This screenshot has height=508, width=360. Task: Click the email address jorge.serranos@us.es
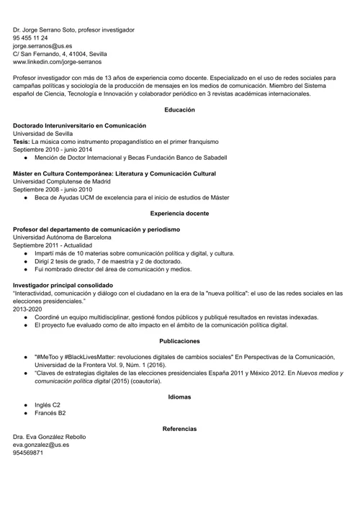pyautogui.click(x=42, y=45)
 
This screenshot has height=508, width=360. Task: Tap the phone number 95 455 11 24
pyautogui.click(x=30, y=37)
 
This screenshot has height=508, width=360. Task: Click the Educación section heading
pyautogui.click(x=179, y=109)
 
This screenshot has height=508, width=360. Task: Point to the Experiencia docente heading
pyautogui.click(x=179, y=213)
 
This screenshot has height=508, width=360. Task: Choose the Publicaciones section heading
pyautogui.click(x=179, y=340)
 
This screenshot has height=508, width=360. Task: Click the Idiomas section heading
pyautogui.click(x=179, y=396)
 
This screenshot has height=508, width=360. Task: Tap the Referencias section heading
pyautogui.click(x=179, y=429)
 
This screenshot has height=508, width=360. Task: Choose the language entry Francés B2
pyautogui.click(x=50, y=413)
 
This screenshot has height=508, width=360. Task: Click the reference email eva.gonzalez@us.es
pyautogui.click(x=41, y=445)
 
